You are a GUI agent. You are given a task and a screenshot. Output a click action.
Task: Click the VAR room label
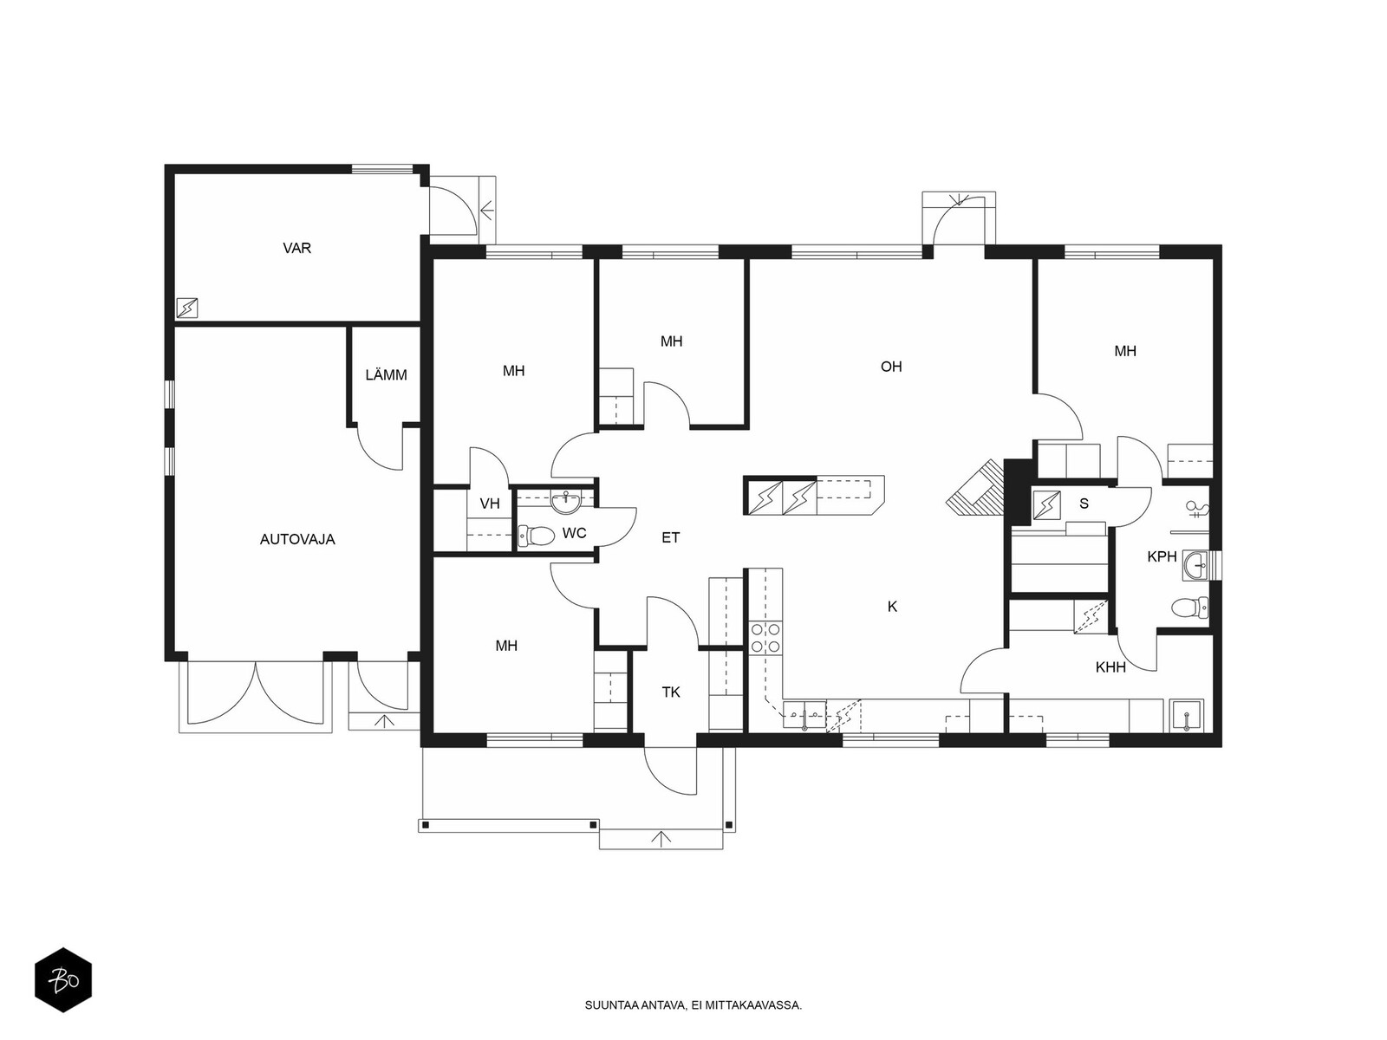click(296, 248)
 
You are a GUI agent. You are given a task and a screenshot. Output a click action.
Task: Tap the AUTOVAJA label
click(297, 539)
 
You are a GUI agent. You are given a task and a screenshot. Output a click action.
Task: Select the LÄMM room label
click(386, 375)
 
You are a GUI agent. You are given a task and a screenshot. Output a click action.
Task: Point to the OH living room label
click(891, 367)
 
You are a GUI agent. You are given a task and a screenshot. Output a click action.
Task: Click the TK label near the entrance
click(671, 692)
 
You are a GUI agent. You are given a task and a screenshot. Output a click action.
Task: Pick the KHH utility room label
click(1110, 666)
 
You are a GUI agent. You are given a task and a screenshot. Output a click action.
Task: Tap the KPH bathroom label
click(1162, 556)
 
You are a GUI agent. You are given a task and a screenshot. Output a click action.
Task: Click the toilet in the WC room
click(535, 536)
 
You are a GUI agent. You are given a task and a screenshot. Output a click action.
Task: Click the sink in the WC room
click(565, 504)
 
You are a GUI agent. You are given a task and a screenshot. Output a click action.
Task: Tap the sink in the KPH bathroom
click(1196, 565)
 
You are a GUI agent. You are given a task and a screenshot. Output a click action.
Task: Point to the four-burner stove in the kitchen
click(765, 637)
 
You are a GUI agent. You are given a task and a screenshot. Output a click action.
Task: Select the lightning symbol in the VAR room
click(187, 309)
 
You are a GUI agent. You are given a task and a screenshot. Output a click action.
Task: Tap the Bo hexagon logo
click(63, 980)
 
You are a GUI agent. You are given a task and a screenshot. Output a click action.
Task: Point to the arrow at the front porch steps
click(661, 839)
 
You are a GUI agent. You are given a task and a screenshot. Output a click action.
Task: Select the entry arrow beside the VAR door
click(486, 209)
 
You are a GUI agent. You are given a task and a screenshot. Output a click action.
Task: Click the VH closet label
click(490, 504)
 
